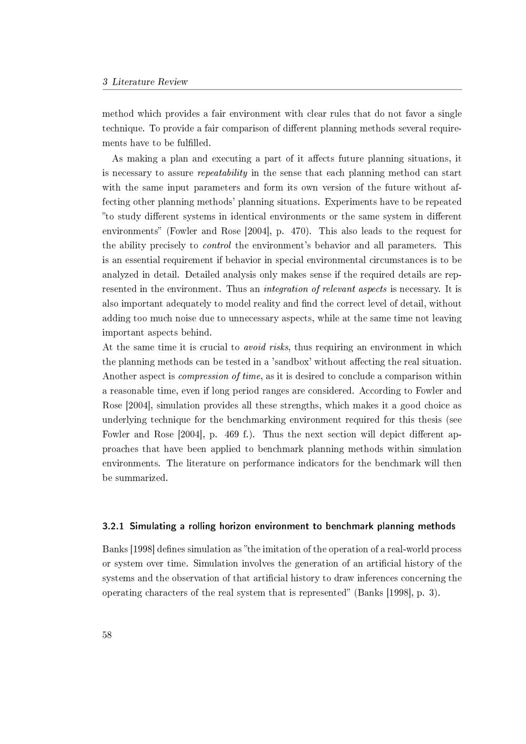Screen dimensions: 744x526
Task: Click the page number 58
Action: pyautogui.click(x=107, y=635)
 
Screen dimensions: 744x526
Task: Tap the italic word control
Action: pyautogui.click(x=217, y=246)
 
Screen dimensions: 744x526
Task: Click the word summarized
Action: pyautogui.click(x=140, y=478)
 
